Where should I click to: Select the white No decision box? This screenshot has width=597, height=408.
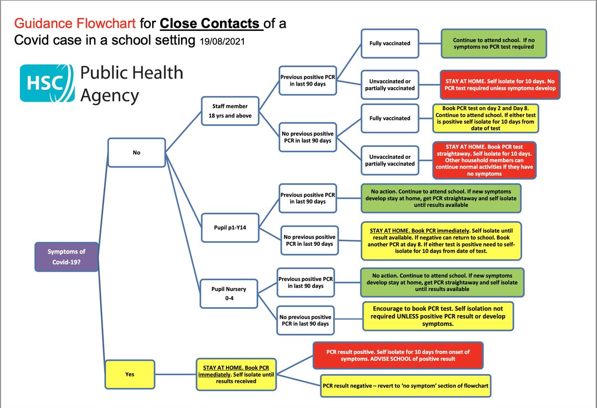coord(136,153)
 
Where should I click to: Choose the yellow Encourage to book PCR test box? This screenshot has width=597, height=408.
coord(437,315)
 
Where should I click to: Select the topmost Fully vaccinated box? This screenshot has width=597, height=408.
coord(390,44)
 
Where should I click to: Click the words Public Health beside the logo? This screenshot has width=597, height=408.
coord(131,74)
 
